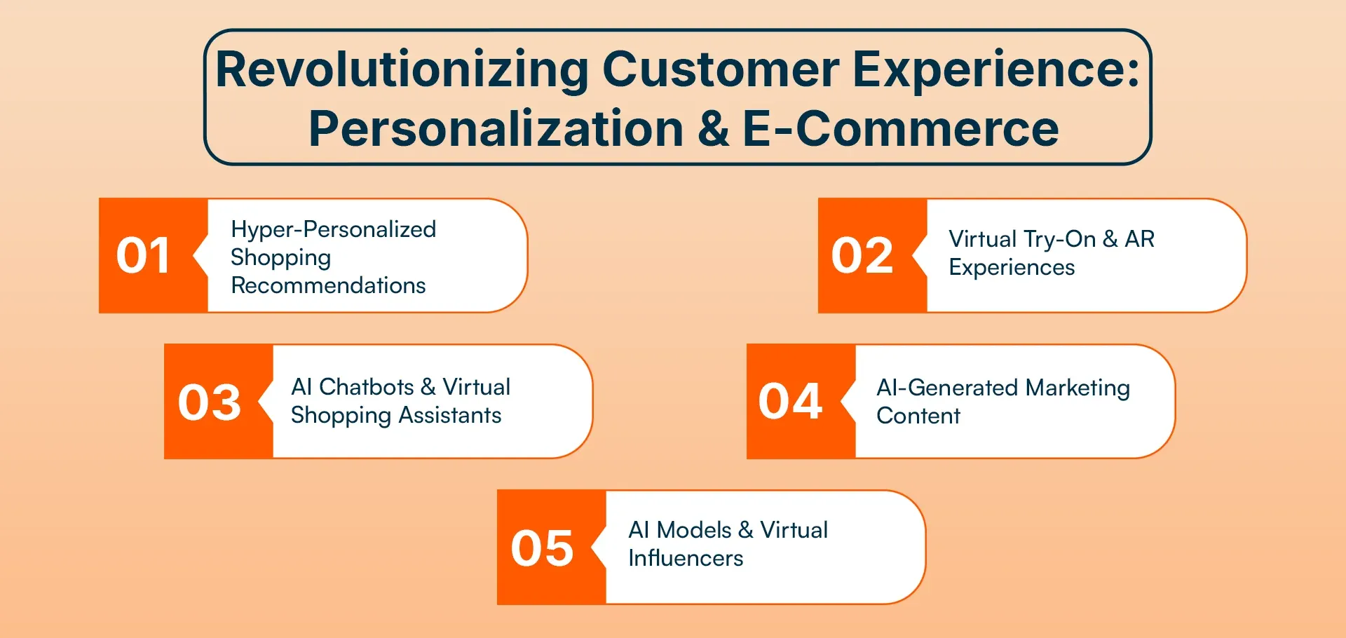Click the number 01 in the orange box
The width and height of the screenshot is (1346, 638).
click(143, 255)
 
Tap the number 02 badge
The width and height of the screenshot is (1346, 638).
click(862, 255)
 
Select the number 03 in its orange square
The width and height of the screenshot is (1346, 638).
click(209, 402)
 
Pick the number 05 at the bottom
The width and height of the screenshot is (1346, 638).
click(542, 548)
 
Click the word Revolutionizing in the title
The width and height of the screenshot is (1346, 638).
click(402, 70)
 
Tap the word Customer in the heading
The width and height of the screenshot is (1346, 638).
click(721, 70)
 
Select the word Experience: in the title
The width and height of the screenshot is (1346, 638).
click(996, 70)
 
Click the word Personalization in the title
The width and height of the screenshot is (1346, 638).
click(496, 129)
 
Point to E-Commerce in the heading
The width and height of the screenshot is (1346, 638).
click(900, 129)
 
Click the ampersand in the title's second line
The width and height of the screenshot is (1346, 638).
click(713, 129)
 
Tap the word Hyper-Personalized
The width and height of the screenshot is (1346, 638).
click(333, 229)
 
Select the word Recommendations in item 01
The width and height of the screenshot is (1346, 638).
click(328, 285)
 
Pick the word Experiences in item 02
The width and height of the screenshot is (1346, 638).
click(1011, 267)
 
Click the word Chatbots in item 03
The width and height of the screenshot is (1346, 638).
click(366, 387)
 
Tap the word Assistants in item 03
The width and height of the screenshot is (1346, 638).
click(450, 415)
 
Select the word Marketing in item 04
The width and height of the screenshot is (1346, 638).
click(1078, 388)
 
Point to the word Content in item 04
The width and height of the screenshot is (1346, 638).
click(918, 416)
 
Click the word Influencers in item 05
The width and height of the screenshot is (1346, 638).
click(685, 558)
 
